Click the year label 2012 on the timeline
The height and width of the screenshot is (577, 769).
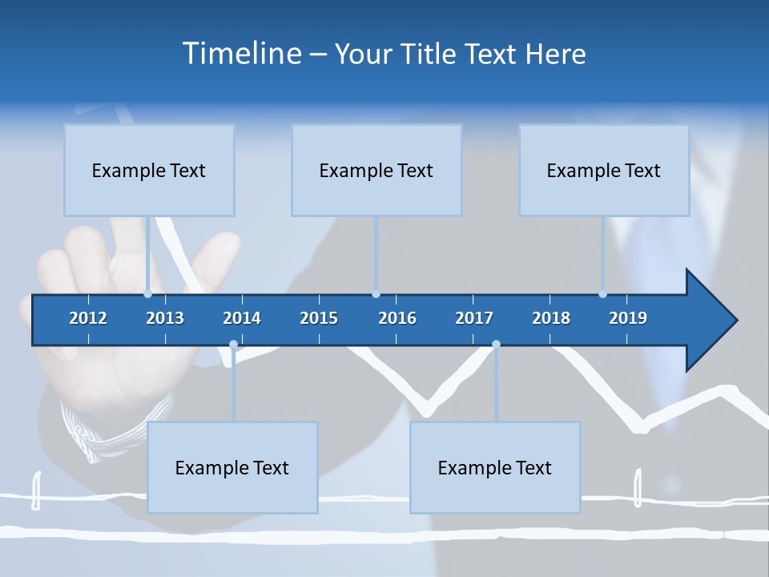click(x=88, y=318)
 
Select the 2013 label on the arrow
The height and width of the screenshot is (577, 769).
click(x=165, y=318)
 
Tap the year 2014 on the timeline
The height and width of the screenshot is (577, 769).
click(x=242, y=318)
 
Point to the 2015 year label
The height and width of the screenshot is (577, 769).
click(x=319, y=318)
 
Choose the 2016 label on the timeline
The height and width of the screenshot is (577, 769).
click(x=397, y=318)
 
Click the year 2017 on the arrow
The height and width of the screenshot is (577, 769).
click(x=474, y=318)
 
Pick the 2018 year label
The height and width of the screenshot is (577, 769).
click(x=551, y=318)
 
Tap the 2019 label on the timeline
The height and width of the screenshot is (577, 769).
click(x=628, y=318)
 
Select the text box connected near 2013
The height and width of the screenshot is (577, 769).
click(x=149, y=170)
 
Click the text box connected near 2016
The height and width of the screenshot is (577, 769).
click(x=376, y=170)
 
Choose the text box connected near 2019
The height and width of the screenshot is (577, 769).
click(x=604, y=170)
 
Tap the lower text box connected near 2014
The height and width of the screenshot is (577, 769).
click(x=232, y=467)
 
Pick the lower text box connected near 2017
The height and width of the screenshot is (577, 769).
click(x=495, y=467)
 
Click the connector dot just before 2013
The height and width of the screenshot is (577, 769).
click(x=148, y=294)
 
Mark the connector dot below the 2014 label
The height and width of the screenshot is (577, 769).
click(x=233, y=345)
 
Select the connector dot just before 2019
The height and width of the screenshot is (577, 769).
click(x=602, y=294)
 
